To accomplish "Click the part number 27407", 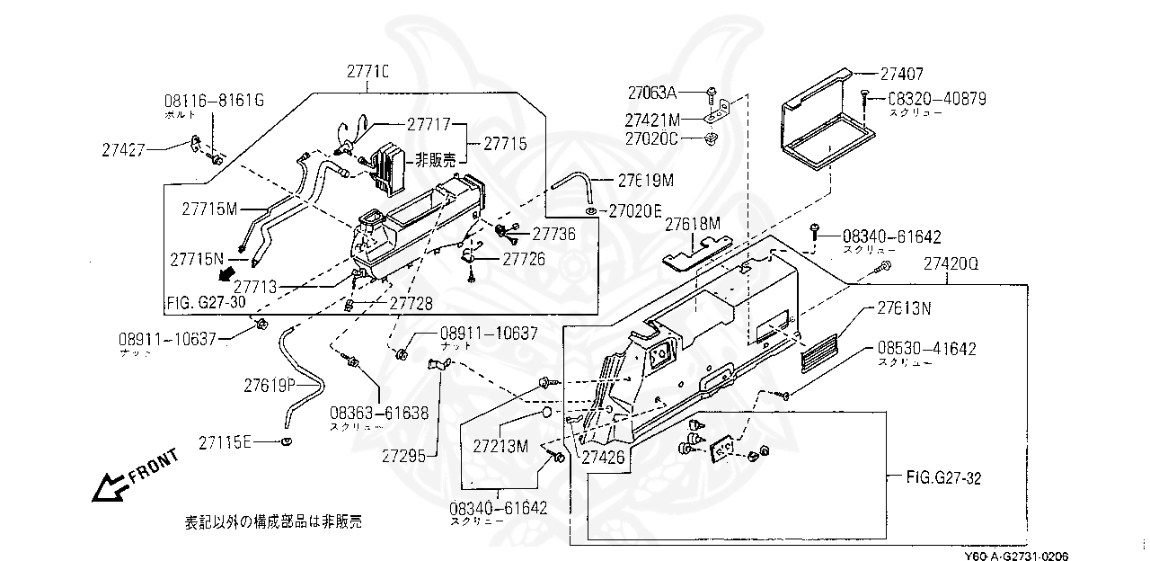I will (x=902, y=76).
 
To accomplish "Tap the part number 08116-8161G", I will (x=214, y=101).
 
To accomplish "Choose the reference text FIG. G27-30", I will (x=206, y=302).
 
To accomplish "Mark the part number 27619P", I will (x=270, y=385).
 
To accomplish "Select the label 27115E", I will (x=226, y=442).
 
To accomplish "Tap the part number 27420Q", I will (x=951, y=264).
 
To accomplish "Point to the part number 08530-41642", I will (x=926, y=348).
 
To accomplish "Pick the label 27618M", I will (x=693, y=223).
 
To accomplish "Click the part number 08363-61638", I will (x=378, y=414).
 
